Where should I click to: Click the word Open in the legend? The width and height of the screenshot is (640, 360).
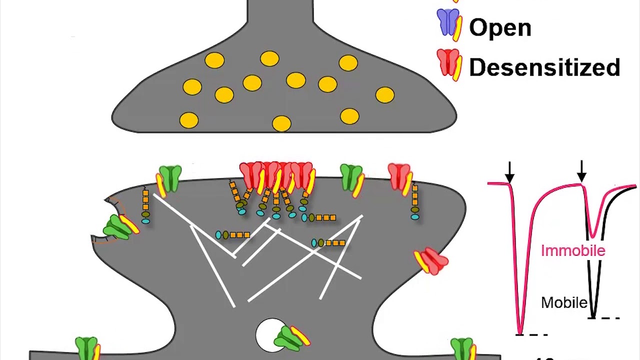pyautogui.click(x=500, y=27)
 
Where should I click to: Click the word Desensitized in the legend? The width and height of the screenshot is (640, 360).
pyautogui.click(x=544, y=67)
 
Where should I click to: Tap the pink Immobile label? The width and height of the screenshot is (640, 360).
pyautogui.click(x=573, y=250)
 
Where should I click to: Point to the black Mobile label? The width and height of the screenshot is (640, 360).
pyautogui.click(x=564, y=302)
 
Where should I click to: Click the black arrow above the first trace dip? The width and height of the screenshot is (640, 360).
pyautogui.click(x=509, y=172)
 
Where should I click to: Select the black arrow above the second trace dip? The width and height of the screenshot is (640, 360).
pyautogui.click(x=581, y=172)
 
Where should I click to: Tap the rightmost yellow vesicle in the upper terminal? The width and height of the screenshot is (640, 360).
pyautogui.click(x=384, y=95)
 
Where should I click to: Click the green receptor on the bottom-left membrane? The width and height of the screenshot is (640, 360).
pyautogui.click(x=86, y=348)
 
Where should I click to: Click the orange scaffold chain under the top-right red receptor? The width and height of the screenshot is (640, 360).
pyautogui.click(x=415, y=200)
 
